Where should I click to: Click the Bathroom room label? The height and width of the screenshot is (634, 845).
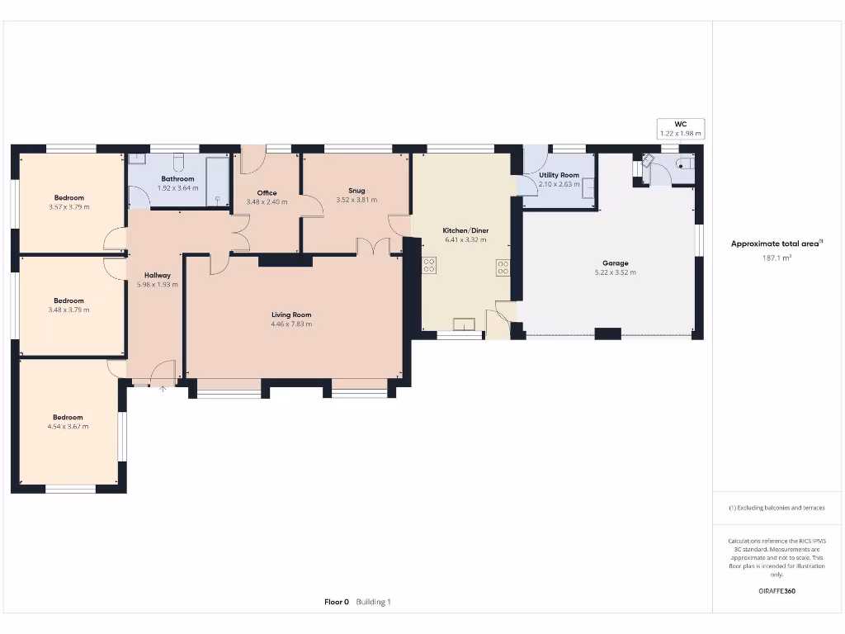click(177, 178)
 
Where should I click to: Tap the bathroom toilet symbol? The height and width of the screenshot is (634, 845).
click(177, 159)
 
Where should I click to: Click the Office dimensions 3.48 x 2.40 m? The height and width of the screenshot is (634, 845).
click(267, 202)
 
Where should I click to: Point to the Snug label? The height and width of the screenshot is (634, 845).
click(356, 191)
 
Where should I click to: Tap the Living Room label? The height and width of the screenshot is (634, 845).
click(291, 315)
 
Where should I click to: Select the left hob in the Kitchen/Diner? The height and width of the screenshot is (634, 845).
click(429, 266)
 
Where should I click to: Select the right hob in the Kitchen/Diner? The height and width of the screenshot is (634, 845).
click(503, 267)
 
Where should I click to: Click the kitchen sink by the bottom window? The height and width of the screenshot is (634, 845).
click(465, 324)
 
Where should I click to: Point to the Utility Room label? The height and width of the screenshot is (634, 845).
click(559, 175)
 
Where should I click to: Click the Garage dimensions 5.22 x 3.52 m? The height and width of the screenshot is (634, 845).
click(615, 272)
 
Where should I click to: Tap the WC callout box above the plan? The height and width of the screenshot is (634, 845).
click(681, 128)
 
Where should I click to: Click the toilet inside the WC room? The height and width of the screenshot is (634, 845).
click(684, 164)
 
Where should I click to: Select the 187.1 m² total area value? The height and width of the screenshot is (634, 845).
click(777, 258)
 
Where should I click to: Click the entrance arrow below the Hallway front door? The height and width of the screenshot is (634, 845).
click(163, 389)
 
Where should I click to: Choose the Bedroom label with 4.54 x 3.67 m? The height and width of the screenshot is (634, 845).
click(68, 418)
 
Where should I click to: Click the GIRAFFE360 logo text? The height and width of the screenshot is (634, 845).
click(777, 591)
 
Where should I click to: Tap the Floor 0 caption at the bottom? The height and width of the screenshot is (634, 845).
click(337, 602)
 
